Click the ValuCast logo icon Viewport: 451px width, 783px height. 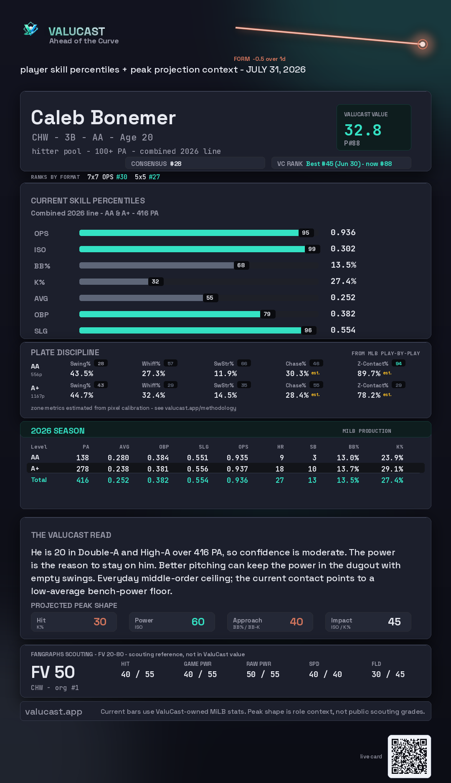click(x=30, y=29)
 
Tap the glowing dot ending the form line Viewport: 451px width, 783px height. click(x=423, y=44)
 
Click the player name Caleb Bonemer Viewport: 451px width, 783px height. click(x=103, y=118)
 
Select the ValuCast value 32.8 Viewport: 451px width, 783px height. click(x=363, y=130)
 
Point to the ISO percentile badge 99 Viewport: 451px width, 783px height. click(x=312, y=249)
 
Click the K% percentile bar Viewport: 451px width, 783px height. click(x=114, y=281)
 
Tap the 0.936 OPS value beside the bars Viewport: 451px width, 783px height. click(x=343, y=232)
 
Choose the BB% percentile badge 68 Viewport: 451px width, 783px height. click(x=241, y=265)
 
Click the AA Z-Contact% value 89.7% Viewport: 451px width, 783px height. click(x=369, y=373)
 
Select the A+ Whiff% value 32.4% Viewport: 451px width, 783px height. click(x=153, y=395)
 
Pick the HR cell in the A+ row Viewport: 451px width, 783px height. click(x=280, y=469)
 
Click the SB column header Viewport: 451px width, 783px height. click(x=313, y=447)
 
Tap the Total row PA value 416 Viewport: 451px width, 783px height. click(x=83, y=480)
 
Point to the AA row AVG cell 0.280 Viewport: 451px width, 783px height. click(x=118, y=457)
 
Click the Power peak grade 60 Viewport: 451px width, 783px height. click(x=198, y=622)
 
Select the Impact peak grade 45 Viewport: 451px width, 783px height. click(x=394, y=622)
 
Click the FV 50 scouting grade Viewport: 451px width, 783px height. click(x=53, y=672)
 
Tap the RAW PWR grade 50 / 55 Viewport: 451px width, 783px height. click(x=263, y=674)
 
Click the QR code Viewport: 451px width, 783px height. click(x=409, y=756)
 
